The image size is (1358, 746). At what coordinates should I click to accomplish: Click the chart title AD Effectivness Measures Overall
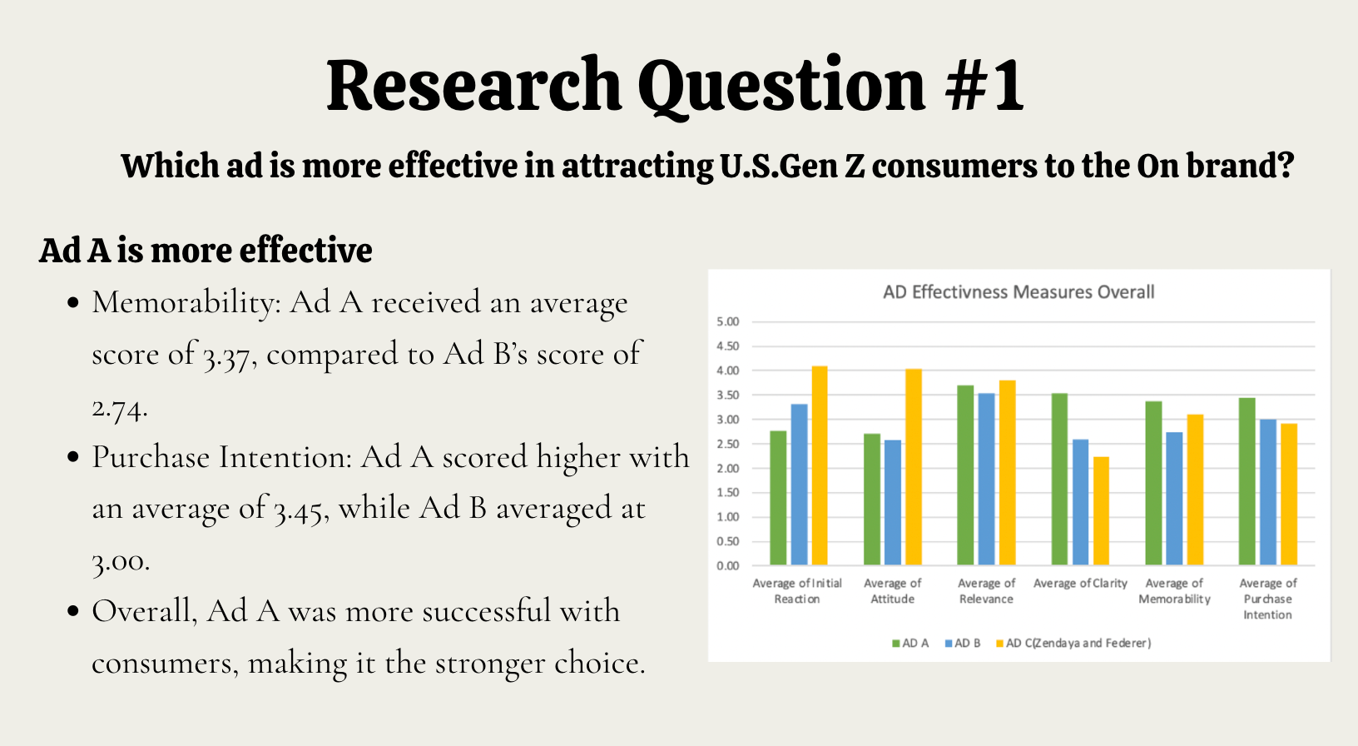[1018, 292]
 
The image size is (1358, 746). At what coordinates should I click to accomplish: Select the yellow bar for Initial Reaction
[820, 465]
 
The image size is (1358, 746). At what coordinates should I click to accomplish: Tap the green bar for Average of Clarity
[1059, 479]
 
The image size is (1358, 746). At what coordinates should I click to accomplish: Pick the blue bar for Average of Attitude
[892, 503]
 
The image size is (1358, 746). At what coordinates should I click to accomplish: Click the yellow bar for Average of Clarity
[1101, 511]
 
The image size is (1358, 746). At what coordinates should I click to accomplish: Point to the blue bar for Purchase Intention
[1268, 493]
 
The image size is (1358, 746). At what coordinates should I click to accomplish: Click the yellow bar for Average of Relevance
[1008, 473]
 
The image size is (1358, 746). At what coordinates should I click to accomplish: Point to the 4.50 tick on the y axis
[728, 346]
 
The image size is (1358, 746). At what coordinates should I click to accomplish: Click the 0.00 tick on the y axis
[728, 566]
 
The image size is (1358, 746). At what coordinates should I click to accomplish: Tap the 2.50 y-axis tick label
[728, 444]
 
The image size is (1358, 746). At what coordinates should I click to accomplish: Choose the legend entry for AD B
[962, 643]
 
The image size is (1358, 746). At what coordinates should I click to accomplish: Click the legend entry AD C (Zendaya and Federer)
[1073, 643]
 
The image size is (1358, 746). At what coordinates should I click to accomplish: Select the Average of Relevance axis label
[986, 591]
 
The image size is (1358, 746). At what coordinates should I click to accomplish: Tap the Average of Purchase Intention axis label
[1267, 599]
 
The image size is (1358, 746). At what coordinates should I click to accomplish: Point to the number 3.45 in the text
[298, 510]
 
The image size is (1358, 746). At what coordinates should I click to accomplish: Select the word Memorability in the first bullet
[182, 302]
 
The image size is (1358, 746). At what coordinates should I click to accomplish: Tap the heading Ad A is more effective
[206, 250]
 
